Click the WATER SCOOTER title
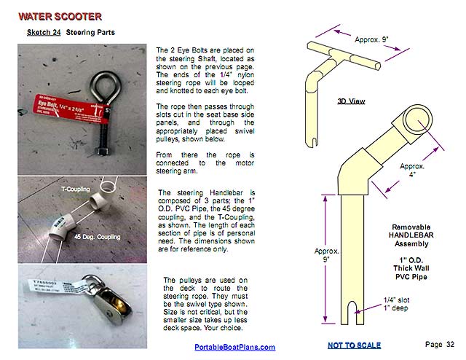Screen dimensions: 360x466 click(x=60, y=16)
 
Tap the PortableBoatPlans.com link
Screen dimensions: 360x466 click(x=234, y=347)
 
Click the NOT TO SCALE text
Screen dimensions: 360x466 click(x=354, y=345)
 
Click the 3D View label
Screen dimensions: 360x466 click(x=352, y=101)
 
